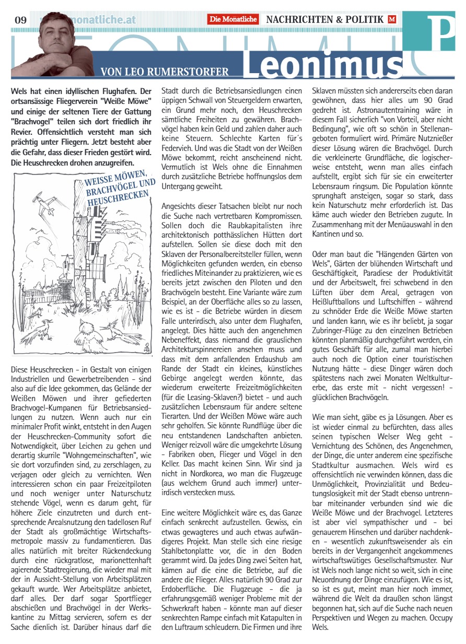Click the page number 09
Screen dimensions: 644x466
(20, 20)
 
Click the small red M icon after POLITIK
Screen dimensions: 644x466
(392, 19)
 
